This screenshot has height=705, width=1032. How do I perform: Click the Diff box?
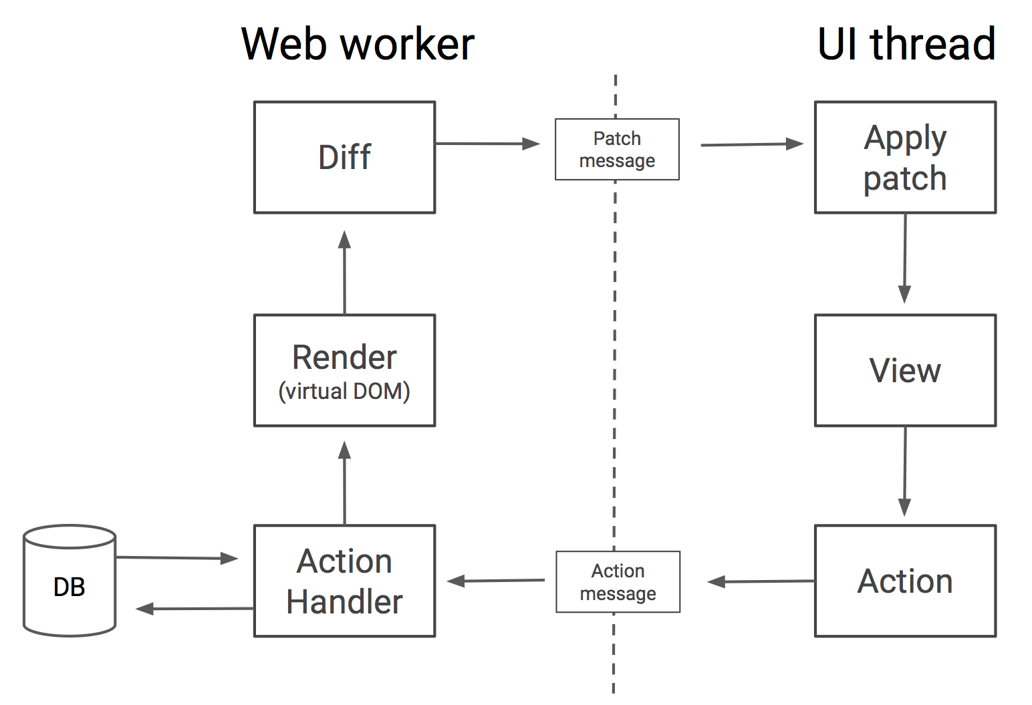click(x=344, y=158)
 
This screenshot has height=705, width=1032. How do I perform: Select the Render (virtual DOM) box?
click(x=344, y=370)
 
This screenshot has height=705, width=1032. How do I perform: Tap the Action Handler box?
click(x=344, y=581)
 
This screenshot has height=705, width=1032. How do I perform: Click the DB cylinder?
click(x=70, y=581)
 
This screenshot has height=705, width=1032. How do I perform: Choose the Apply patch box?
click(x=905, y=158)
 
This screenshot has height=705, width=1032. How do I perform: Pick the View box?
click(x=905, y=370)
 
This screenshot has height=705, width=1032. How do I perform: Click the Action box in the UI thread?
click(x=905, y=581)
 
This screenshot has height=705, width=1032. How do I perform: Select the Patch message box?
click(x=617, y=150)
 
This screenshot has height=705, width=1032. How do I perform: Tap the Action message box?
click(x=618, y=582)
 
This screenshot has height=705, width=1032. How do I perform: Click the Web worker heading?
click(x=358, y=44)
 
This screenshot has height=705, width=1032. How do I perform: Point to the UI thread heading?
click(x=906, y=44)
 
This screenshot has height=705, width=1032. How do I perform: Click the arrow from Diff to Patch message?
click(x=487, y=144)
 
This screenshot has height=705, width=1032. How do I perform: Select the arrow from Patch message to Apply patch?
click(x=751, y=144)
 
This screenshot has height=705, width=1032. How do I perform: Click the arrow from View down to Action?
click(x=905, y=472)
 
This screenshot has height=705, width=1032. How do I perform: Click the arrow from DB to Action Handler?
click(x=176, y=558)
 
